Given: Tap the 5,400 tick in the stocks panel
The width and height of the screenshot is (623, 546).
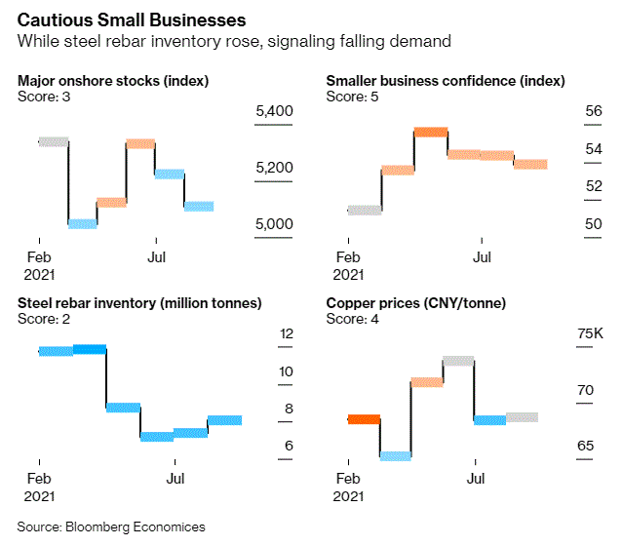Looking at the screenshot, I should (x=274, y=113).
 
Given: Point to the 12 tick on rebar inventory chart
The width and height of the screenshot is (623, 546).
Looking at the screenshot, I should (x=287, y=334).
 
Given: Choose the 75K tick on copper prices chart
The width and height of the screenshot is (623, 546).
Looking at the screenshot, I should (x=591, y=334).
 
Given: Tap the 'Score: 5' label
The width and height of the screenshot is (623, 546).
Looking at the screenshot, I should (x=352, y=97).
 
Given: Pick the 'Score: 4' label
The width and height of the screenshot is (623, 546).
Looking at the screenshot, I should (x=352, y=318).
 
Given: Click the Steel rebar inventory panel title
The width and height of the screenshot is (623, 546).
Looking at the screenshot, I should (x=139, y=303).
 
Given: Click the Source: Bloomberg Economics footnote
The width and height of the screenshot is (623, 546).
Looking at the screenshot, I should (x=111, y=526).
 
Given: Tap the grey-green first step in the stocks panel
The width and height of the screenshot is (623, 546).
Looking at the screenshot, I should (x=53, y=142).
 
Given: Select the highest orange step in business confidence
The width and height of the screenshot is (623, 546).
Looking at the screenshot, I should (x=430, y=132).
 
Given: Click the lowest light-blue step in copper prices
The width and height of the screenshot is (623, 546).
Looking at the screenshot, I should (x=395, y=455).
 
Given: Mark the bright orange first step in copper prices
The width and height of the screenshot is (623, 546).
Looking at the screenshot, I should (x=364, y=419).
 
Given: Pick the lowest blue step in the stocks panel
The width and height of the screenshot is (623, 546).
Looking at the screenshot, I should (x=82, y=224).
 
